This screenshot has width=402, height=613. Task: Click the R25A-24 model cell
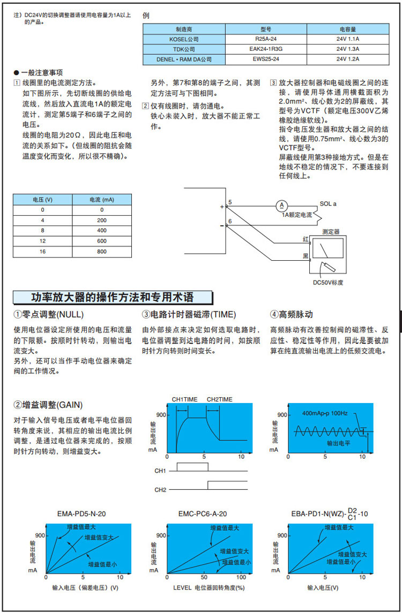265,39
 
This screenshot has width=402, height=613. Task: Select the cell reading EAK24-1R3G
265,49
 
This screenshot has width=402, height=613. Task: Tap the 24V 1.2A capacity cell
348,58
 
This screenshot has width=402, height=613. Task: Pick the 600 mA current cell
102,241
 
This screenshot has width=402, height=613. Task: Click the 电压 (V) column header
43,199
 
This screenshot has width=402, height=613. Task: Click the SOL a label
328,204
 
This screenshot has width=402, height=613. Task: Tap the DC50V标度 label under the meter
328,282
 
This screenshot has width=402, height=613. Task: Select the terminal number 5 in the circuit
230,202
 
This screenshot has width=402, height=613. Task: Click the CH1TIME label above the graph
185,399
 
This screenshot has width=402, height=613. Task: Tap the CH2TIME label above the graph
220,399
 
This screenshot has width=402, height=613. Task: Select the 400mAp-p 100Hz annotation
325,413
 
